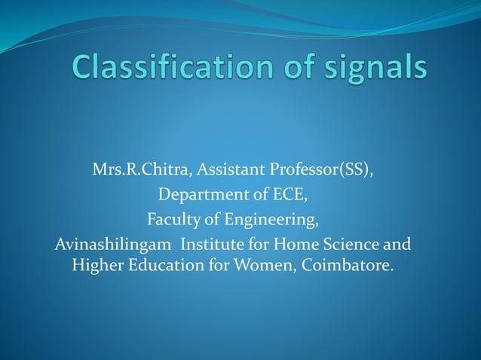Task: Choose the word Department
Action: [201, 196]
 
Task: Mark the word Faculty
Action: [172, 220]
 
